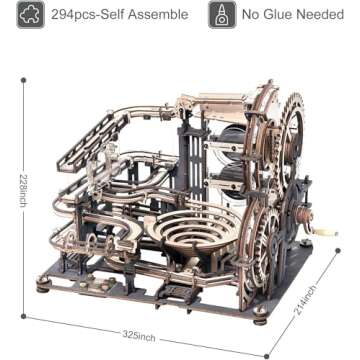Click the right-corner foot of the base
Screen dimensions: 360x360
[329, 251]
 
